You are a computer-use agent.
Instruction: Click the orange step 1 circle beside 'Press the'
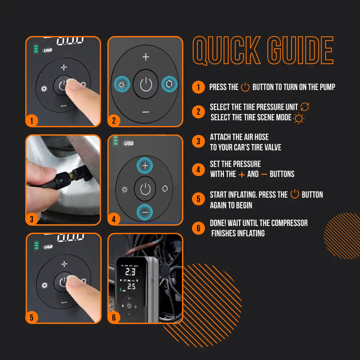[x=198, y=87]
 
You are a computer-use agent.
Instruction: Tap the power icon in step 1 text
[x=245, y=87]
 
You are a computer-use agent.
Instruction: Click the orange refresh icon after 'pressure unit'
[x=305, y=107]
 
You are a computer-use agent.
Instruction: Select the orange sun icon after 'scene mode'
[x=298, y=118]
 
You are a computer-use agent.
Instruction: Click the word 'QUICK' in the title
[x=226, y=51]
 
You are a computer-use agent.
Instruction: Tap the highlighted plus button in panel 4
[x=145, y=165]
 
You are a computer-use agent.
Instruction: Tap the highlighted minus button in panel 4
[x=145, y=212]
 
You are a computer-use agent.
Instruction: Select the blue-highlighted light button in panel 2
[x=121, y=84]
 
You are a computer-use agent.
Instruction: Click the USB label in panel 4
[x=128, y=143]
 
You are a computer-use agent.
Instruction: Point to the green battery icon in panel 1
[x=36, y=49]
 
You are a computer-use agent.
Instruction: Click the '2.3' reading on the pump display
[x=130, y=272]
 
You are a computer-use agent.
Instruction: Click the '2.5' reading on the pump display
[x=131, y=286]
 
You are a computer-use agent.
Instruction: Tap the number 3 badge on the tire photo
[x=32, y=219]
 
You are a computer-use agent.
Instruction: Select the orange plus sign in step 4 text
[x=241, y=174]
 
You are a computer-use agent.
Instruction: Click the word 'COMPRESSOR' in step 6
[x=287, y=223]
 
